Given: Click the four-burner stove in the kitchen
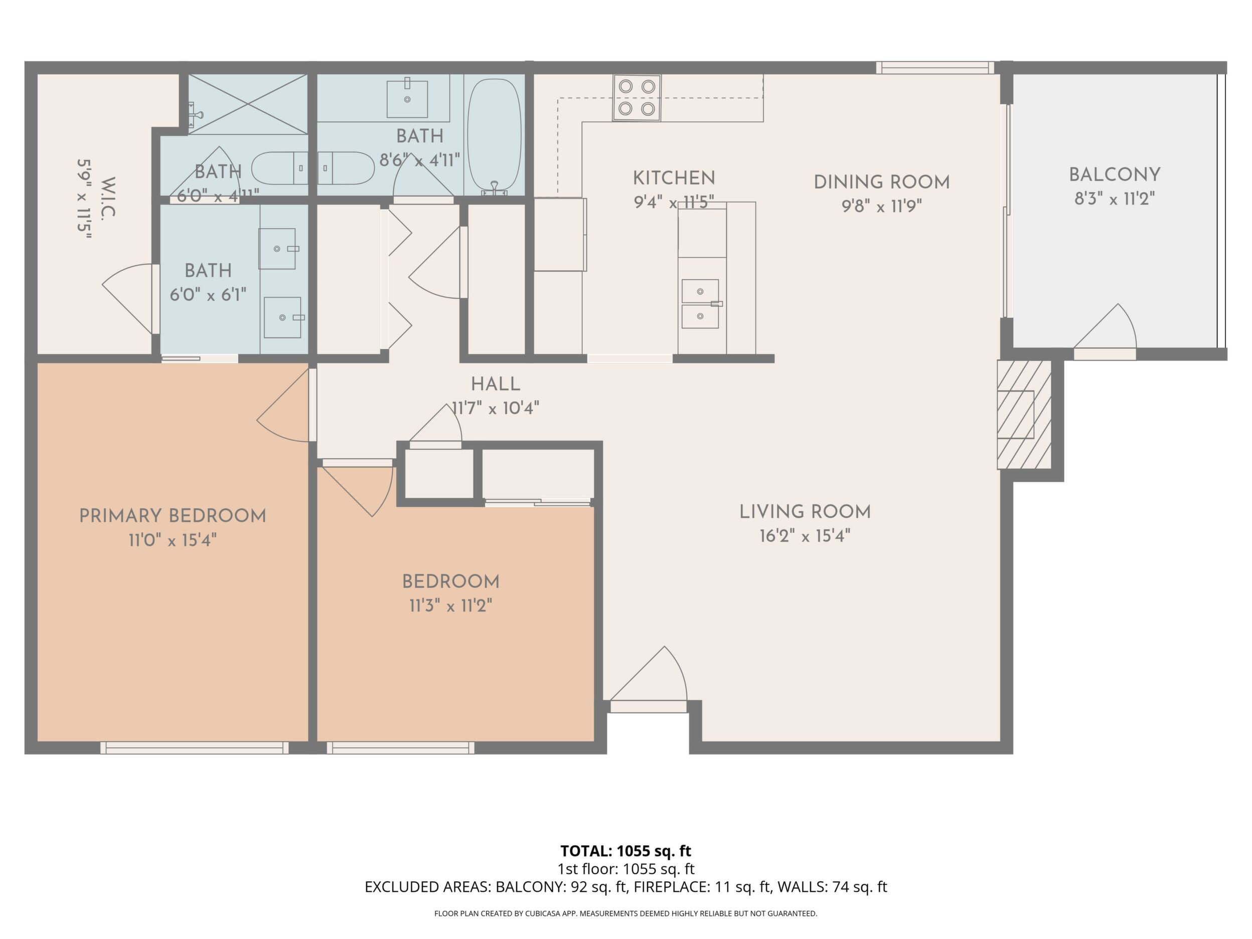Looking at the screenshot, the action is click(637, 97).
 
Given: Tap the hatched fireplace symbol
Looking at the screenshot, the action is click(1024, 415).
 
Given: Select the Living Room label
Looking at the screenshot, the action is click(805, 512).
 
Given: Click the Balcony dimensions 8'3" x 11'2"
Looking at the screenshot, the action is click(1115, 199).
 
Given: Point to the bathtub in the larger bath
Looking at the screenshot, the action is click(495, 136).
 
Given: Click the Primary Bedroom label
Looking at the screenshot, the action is click(173, 516).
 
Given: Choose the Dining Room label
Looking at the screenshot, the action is click(882, 182).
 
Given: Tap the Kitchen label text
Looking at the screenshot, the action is click(674, 178).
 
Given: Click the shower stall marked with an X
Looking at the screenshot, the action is click(248, 104).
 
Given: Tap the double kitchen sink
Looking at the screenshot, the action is click(701, 303).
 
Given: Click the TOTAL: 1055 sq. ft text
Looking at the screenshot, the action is click(625, 851).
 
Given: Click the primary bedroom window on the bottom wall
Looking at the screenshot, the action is click(194, 748).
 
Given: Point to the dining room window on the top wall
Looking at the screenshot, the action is click(934, 68).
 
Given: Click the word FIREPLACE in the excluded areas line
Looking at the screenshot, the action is click(671, 887).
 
